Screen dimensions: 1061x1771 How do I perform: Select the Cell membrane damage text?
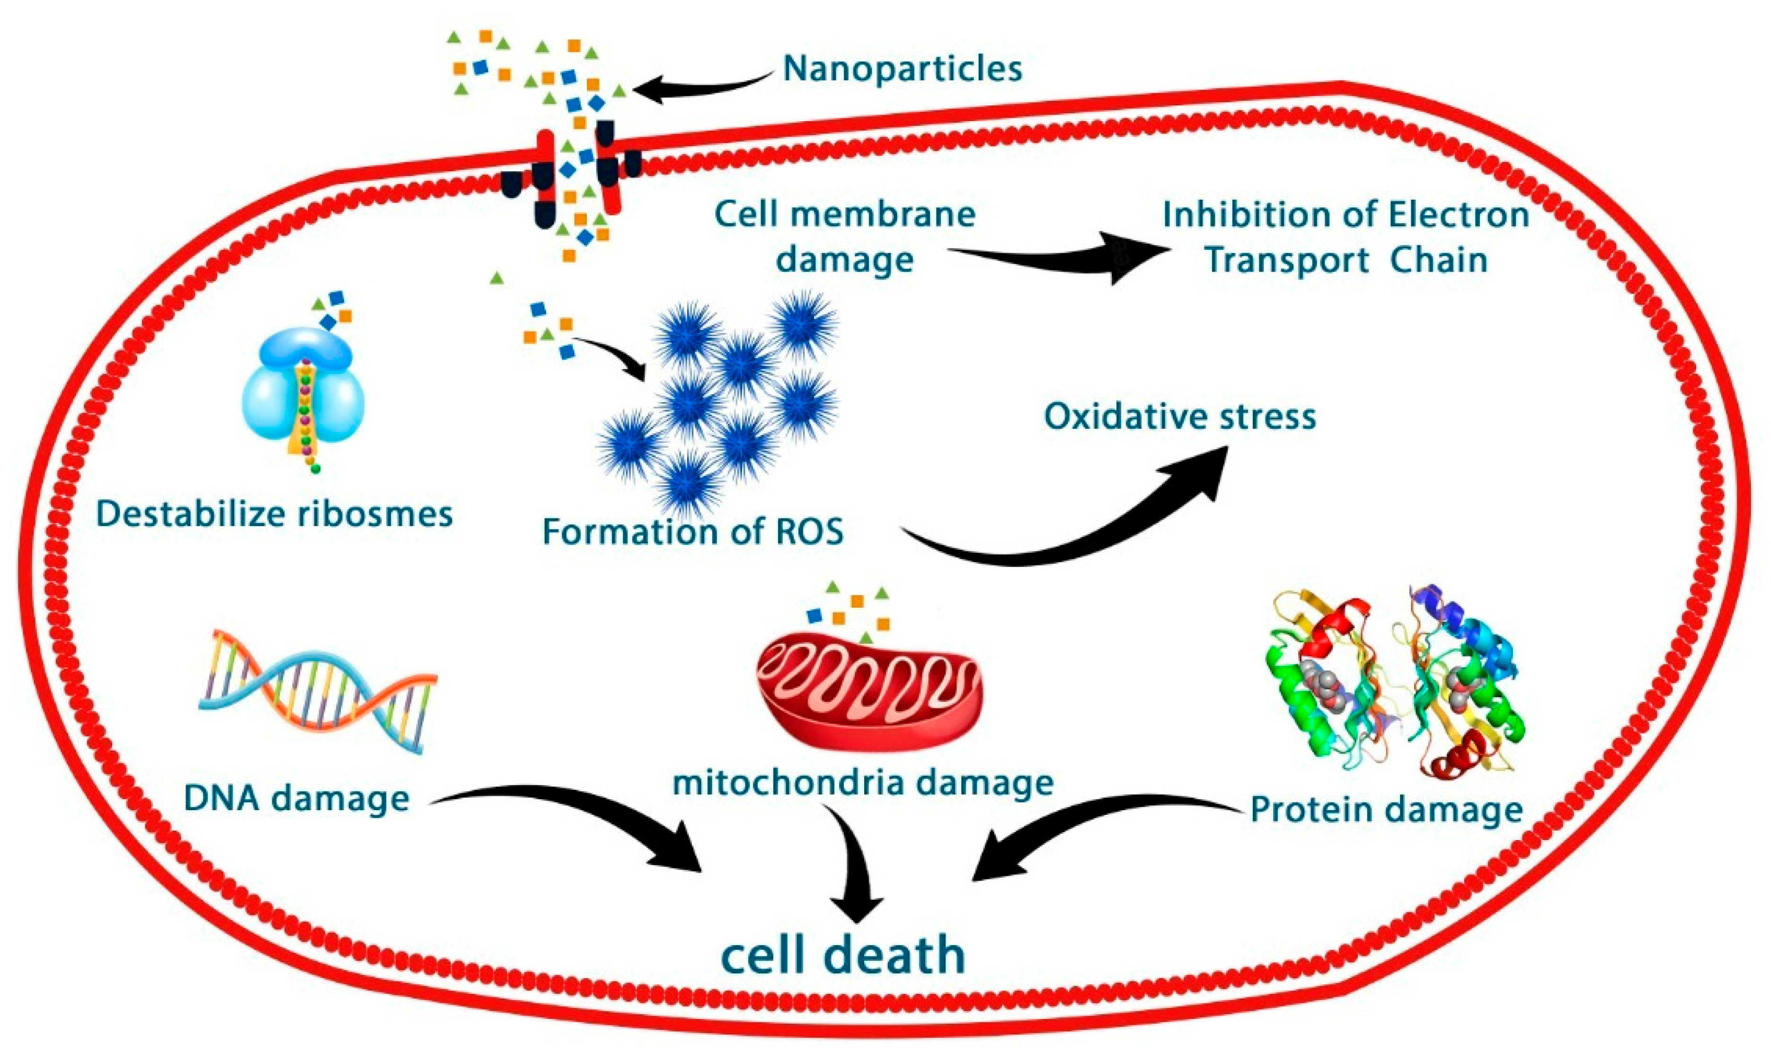(x=845, y=236)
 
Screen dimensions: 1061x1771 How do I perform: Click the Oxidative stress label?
(x=1180, y=416)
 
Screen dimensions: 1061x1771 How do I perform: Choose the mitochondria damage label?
(x=863, y=782)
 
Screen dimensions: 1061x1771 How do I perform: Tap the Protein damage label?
(x=1386, y=809)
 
